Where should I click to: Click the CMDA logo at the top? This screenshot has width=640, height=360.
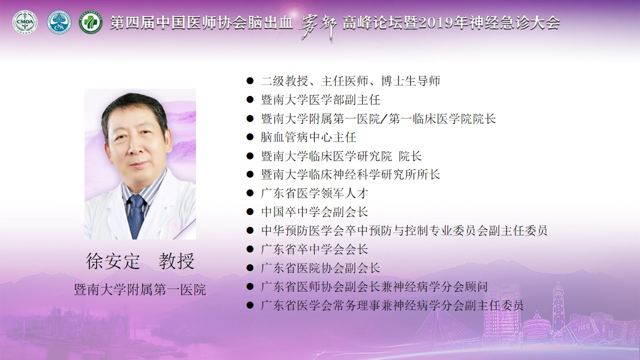(x=25, y=22)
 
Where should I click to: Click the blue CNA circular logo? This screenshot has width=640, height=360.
(x=59, y=23)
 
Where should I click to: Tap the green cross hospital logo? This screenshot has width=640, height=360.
(x=91, y=22)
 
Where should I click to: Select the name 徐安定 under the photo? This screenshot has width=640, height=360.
(x=113, y=261)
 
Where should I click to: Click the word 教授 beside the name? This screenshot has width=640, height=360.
(x=177, y=261)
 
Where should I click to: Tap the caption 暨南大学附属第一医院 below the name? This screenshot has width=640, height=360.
(x=139, y=289)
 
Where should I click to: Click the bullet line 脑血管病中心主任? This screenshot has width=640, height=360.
(x=308, y=137)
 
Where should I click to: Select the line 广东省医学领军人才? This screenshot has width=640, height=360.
(x=314, y=193)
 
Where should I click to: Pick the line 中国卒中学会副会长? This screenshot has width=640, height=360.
(x=314, y=212)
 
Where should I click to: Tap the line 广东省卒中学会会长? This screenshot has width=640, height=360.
(x=314, y=249)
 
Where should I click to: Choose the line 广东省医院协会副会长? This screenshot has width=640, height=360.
(x=320, y=268)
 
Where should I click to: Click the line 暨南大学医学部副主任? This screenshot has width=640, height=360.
(x=320, y=100)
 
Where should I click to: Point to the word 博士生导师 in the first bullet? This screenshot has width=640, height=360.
(x=410, y=81)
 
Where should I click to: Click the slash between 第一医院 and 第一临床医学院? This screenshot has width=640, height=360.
(x=384, y=119)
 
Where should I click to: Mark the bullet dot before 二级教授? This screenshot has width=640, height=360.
(x=250, y=81)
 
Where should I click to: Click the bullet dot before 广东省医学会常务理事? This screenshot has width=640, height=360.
(x=250, y=305)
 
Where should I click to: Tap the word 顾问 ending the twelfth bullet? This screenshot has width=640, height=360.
(x=476, y=287)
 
